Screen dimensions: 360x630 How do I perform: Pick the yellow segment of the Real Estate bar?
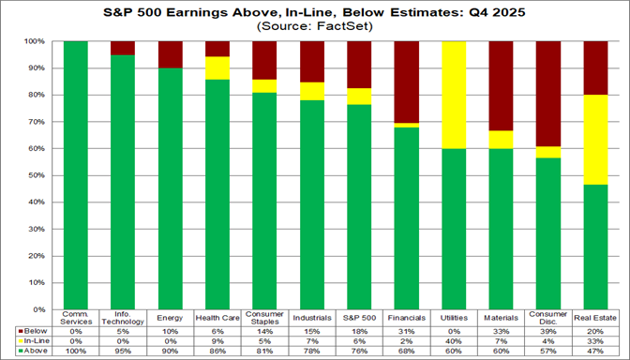[598, 140]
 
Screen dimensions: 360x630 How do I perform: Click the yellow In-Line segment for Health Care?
[217, 67]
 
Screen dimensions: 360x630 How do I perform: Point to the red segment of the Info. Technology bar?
[123, 48]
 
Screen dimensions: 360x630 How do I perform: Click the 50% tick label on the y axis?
[38, 175]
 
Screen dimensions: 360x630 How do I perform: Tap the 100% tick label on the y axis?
[37, 42]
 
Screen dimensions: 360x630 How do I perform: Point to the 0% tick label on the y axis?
[40, 308]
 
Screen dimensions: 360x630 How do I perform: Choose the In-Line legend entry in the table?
[36, 341]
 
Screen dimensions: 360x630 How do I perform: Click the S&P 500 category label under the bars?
[360, 318]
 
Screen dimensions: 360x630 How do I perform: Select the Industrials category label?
[312, 318]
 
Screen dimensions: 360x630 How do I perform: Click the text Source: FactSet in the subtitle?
[314, 27]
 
